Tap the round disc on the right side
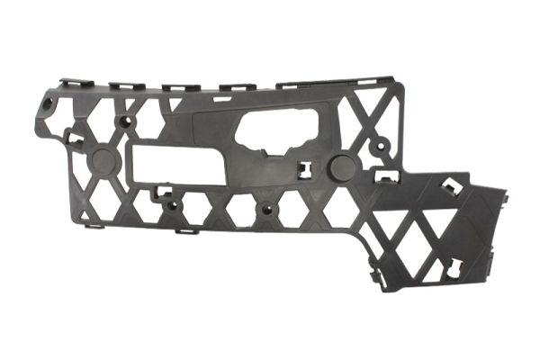[x=342, y=167]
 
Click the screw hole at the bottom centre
[x=265, y=212]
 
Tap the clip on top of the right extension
[x=450, y=188]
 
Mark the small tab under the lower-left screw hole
[x=186, y=230]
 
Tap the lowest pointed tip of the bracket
[x=382, y=288]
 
